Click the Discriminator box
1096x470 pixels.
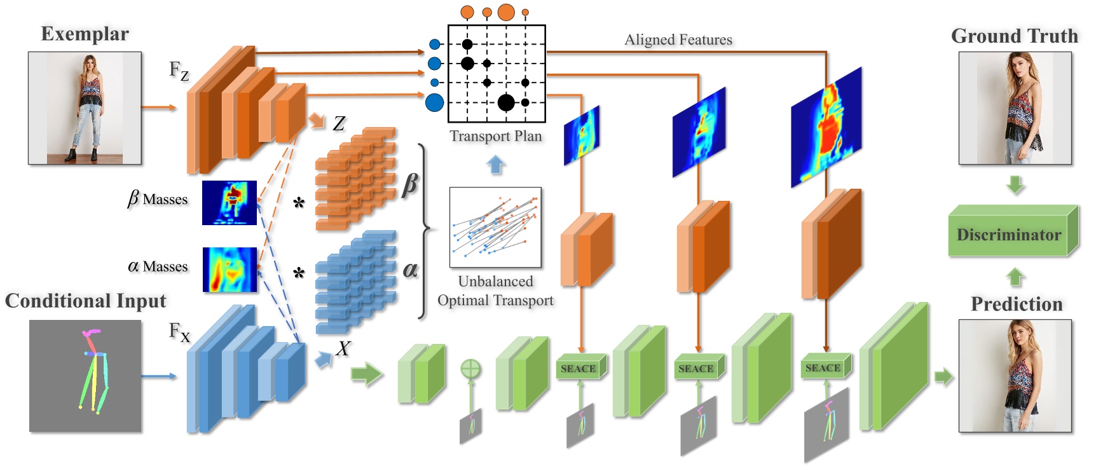[x=1009, y=235]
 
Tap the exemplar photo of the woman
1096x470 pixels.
[x=85, y=108]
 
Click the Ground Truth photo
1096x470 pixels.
[x=1015, y=108]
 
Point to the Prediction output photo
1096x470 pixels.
[x=1015, y=376]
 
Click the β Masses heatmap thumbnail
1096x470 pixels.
[x=229, y=203]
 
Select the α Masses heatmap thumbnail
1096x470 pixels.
[x=229, y=270]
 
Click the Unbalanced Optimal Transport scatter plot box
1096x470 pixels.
[x=495, y=228]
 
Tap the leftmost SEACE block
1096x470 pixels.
[x=578, y=368]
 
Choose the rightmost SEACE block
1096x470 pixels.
[x=823, y=368]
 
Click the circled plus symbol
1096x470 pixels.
[x=470, y=369]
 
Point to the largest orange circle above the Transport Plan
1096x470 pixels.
[x=506, y=11]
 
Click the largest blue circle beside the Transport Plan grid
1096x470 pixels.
[x=434, y=102]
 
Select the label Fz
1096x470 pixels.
[x=179, y=71]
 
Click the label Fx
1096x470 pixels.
[x=179, y=332]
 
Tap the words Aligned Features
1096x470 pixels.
[x=678, y=39]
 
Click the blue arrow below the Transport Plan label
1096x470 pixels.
[x=495, y=165]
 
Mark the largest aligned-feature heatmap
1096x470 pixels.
[x=826, y=127]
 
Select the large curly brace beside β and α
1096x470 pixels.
[x=424, y=230]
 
